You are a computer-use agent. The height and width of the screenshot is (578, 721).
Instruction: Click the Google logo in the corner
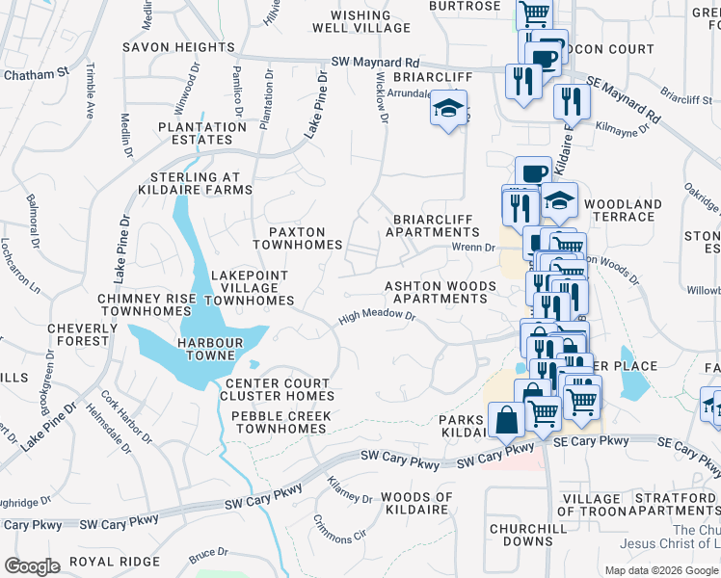point(32,566)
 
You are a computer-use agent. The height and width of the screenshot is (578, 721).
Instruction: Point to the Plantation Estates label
point(202,133)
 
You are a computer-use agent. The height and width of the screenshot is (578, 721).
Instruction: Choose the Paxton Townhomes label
point(297,238)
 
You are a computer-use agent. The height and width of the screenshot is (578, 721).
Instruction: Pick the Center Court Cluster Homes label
point(277,389)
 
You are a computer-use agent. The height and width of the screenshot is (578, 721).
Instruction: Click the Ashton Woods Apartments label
point(441,292)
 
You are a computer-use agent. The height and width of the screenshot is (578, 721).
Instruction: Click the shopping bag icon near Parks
point(506,419)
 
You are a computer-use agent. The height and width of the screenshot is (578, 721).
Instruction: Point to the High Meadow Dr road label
point(376,317)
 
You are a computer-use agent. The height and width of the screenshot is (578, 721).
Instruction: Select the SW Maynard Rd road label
point(375,62)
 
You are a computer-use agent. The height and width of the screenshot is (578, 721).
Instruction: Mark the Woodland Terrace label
point(623,211)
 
